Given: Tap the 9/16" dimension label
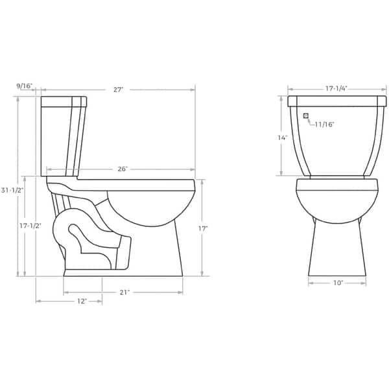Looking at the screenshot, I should click(25, 85).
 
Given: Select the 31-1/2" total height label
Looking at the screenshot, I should click(12, 190).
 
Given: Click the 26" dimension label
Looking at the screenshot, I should click(122, 169).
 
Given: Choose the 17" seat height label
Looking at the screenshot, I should click(203, 228).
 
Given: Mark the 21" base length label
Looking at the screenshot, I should click(124, 292).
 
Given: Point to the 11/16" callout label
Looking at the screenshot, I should click(324, 124).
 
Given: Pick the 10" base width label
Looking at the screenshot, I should click(337, 283).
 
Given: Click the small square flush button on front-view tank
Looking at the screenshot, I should click(305, 117).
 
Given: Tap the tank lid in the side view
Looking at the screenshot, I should click(64, 100).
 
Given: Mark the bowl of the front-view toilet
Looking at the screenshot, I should click(337, 204).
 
